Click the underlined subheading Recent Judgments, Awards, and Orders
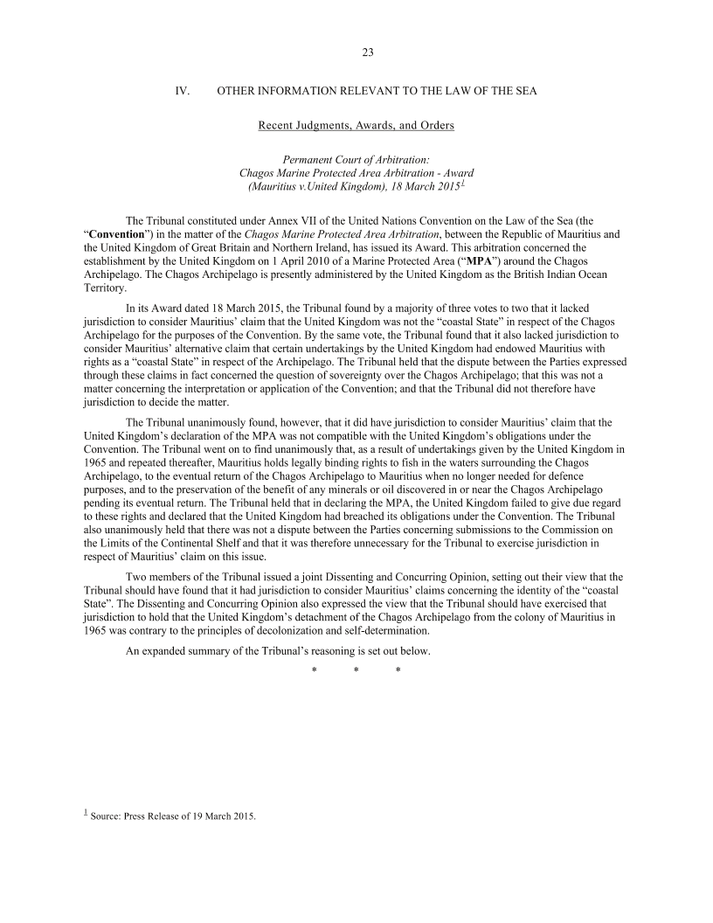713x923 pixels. coord(356,126)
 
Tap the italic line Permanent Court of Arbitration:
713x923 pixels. coord(356,160)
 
